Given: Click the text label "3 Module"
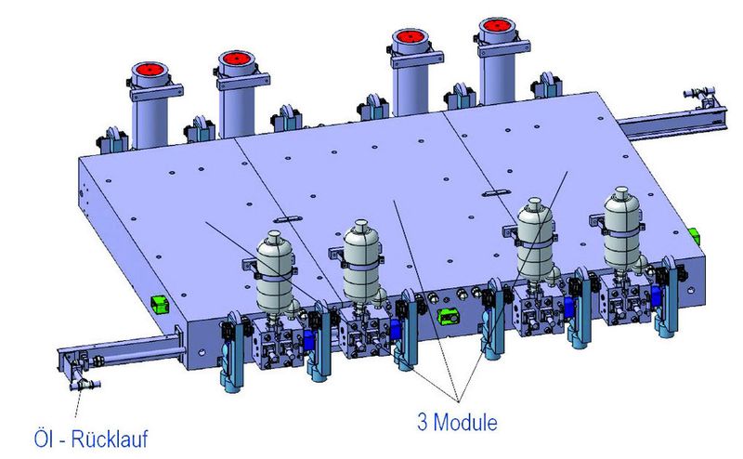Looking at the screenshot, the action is click(457, 422).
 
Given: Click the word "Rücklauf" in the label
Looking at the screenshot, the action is click(109, 439).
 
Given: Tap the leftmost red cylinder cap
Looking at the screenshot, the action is click(150, 70).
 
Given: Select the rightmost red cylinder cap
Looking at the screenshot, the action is click(497, 26).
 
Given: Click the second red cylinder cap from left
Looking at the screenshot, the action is click(236, 59).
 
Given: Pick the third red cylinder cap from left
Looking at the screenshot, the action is click(410, 36).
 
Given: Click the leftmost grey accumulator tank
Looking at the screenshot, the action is click(275, 271).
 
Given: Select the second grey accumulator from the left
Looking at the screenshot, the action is click(362, 262).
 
